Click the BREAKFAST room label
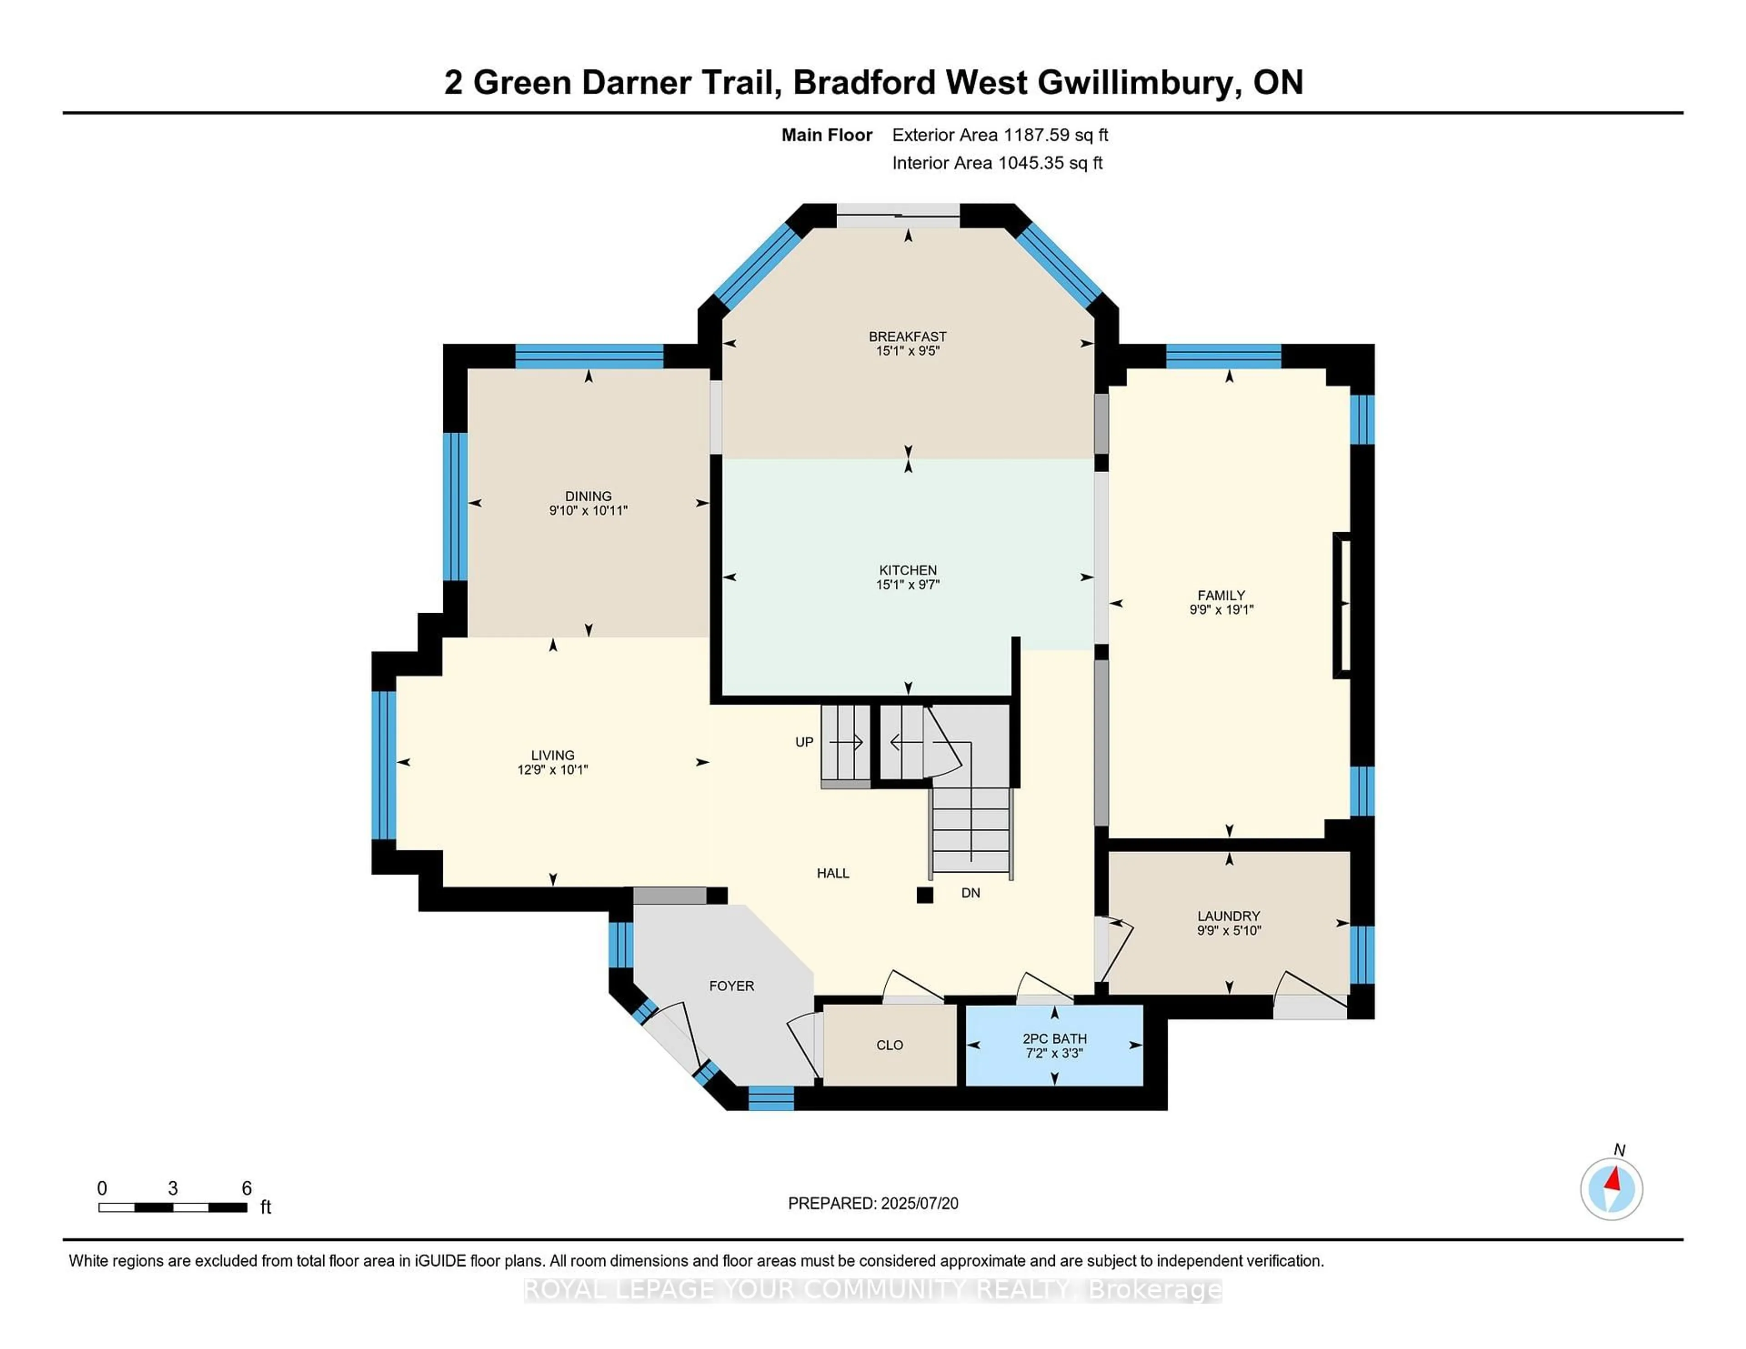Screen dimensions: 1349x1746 pyautogui.click(x=908, y=336)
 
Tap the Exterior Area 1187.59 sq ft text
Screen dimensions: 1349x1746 pyautogui.click(x=999, y=135)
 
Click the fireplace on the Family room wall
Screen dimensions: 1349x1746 pyautogui.click(x=1341, y=605)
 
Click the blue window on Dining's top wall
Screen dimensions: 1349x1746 pyautogui.click(x=589, y=355)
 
